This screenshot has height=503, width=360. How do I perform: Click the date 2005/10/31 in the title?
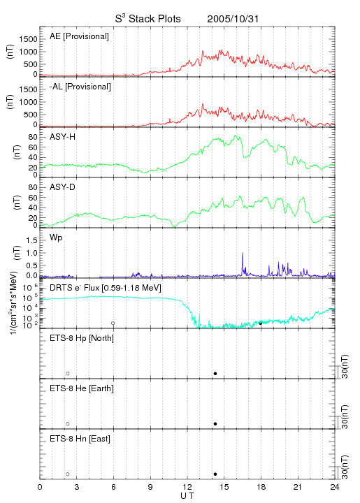[233, 19]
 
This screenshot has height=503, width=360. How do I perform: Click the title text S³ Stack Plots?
[148, 19]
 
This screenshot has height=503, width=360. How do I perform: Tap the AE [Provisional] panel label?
[79, 36]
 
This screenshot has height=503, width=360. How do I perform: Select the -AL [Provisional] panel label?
[80, 87]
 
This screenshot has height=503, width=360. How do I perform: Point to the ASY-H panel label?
[63, 137]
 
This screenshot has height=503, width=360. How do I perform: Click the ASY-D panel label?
[63, 187]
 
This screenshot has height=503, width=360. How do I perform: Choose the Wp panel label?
[56, 238]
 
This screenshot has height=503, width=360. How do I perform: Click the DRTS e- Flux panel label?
[106, 288]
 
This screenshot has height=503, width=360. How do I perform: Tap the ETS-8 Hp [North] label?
[82, 338]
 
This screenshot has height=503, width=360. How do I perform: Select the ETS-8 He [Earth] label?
[82, 388]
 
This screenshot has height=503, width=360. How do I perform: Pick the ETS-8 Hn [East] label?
[80, 439]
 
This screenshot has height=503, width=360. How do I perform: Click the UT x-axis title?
[187, 496]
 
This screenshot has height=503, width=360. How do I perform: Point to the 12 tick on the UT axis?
[187, 487]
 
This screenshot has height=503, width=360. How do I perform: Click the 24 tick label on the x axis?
[335, 487]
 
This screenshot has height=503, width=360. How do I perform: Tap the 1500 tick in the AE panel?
[29, 39]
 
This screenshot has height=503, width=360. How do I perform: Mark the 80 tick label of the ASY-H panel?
[33, 137]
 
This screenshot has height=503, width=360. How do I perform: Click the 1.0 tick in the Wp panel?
[32, 253]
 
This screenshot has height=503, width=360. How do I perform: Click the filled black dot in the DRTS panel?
[261, 323]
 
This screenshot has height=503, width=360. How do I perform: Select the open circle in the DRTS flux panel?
[113, 323]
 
